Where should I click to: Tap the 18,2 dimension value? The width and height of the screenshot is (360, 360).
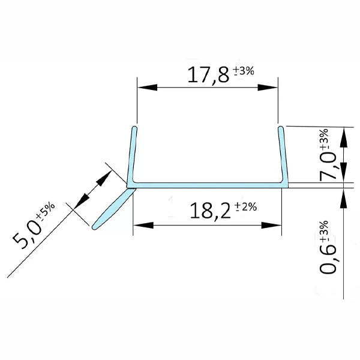(209, 211)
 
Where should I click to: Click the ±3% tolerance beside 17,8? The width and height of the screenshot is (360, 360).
(244, 71)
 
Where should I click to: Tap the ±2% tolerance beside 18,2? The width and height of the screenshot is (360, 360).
(245, 207)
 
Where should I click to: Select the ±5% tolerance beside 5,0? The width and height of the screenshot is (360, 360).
(46, 211)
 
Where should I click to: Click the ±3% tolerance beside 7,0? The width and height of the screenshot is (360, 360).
(324, 139)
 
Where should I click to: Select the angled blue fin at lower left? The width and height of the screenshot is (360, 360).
(112, 209)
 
